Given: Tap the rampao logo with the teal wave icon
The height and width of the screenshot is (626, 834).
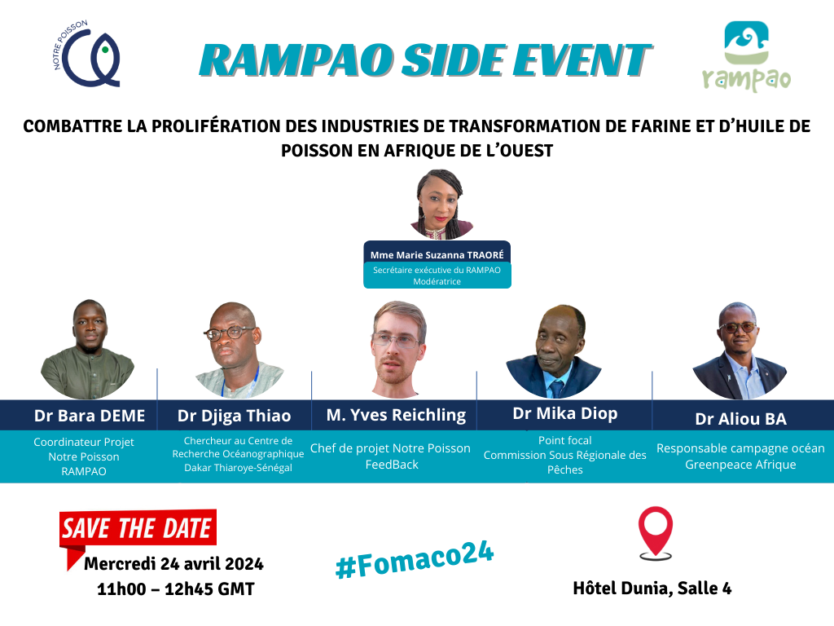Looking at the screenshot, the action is [x=746, y=56].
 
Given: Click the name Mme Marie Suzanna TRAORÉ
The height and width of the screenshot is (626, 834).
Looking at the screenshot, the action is [x=437, y=255].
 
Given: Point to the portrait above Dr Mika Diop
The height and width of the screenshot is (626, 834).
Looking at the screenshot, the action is [x=554, y=351].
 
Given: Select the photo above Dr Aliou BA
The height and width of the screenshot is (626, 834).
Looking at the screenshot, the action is [x=740, y=350].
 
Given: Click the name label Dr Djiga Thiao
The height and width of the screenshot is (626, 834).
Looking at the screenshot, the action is [x=234, y=416].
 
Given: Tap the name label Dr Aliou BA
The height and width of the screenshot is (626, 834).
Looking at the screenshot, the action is [x=740, y=419].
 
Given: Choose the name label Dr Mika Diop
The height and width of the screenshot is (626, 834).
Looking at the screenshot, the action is [x=565, y=413].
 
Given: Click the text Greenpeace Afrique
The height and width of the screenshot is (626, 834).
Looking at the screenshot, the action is [x=740, y=465].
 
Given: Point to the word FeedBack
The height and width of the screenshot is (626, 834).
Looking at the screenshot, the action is [x=392, y=465].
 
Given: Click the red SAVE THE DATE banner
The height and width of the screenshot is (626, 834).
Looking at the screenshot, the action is [x=138, y=528].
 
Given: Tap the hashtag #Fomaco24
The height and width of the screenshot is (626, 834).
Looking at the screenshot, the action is [x=415, y=559].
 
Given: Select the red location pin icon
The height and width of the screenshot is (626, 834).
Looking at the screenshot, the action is [x=656, y=531].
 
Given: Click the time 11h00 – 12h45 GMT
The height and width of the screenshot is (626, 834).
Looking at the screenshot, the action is [x=176, y=589].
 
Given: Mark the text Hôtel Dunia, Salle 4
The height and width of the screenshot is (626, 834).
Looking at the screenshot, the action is [x=652, y=589].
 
